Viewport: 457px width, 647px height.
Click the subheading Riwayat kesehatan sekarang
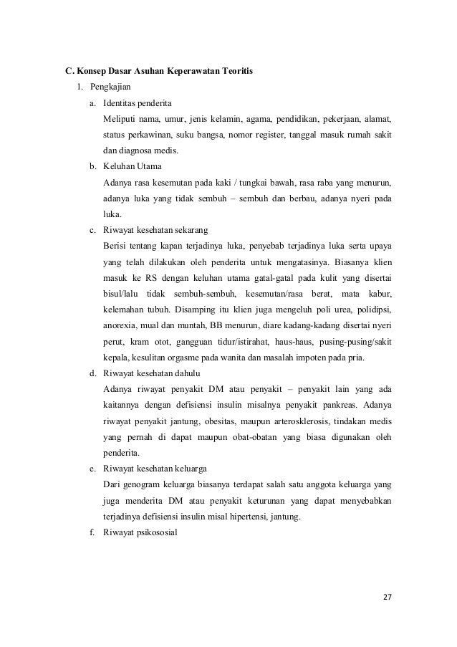[155, 230]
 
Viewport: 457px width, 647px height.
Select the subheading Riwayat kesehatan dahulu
[152, 373]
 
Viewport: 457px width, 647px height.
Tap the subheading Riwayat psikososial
[140, 532]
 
